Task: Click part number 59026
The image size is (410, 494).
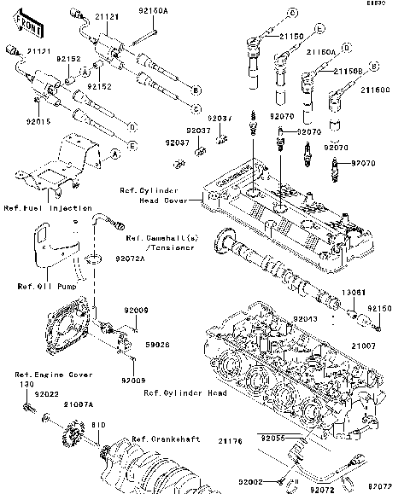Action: tap(155, 346)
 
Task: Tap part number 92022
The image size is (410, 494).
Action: tap(46, 393)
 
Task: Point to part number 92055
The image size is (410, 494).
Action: tap(273, 436)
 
